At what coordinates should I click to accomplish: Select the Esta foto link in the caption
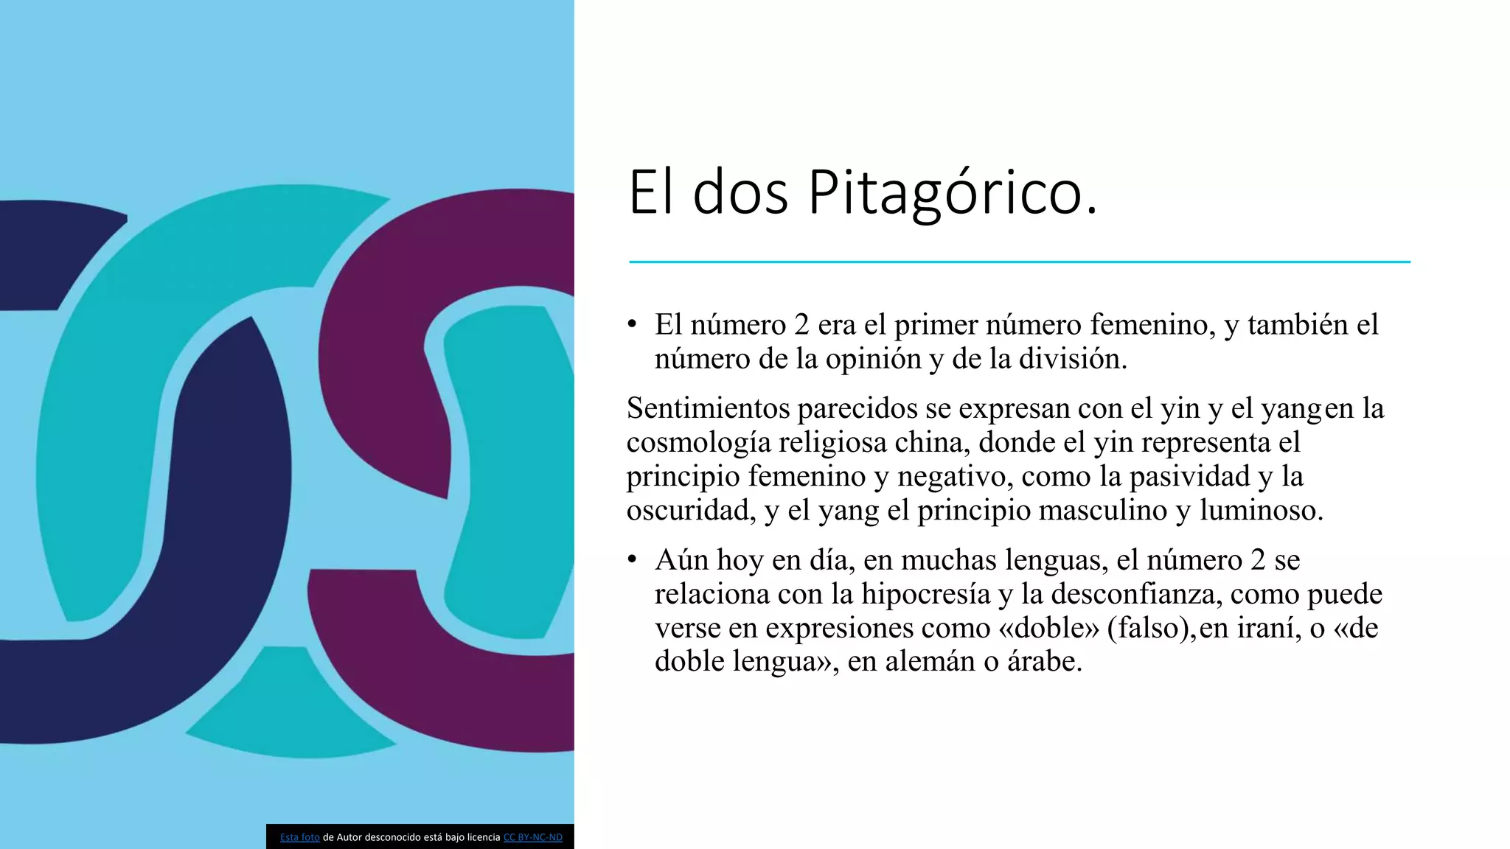coord(299,837)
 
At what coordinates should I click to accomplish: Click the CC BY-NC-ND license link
coord(532,837)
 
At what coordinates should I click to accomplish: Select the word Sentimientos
coord(708,408)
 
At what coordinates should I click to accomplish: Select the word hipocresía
coord(925,593)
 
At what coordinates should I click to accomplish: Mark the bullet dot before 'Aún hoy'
coord(632,559)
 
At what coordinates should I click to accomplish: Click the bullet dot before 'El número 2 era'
coord(632,324)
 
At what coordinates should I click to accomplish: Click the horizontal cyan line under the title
coord(1019,262)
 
